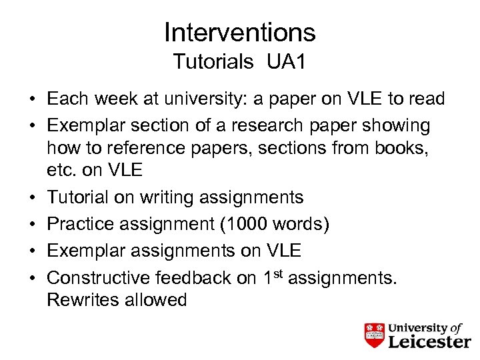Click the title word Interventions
coord(239,32)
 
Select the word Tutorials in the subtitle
coord(213,62)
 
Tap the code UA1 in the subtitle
coord(286,62)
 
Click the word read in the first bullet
coord(424,100)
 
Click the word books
coord(403,147)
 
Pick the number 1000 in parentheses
coord(247,224)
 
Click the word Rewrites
coord(83,300)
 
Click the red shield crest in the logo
coord(375,335)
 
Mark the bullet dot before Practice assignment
coord(32,225)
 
